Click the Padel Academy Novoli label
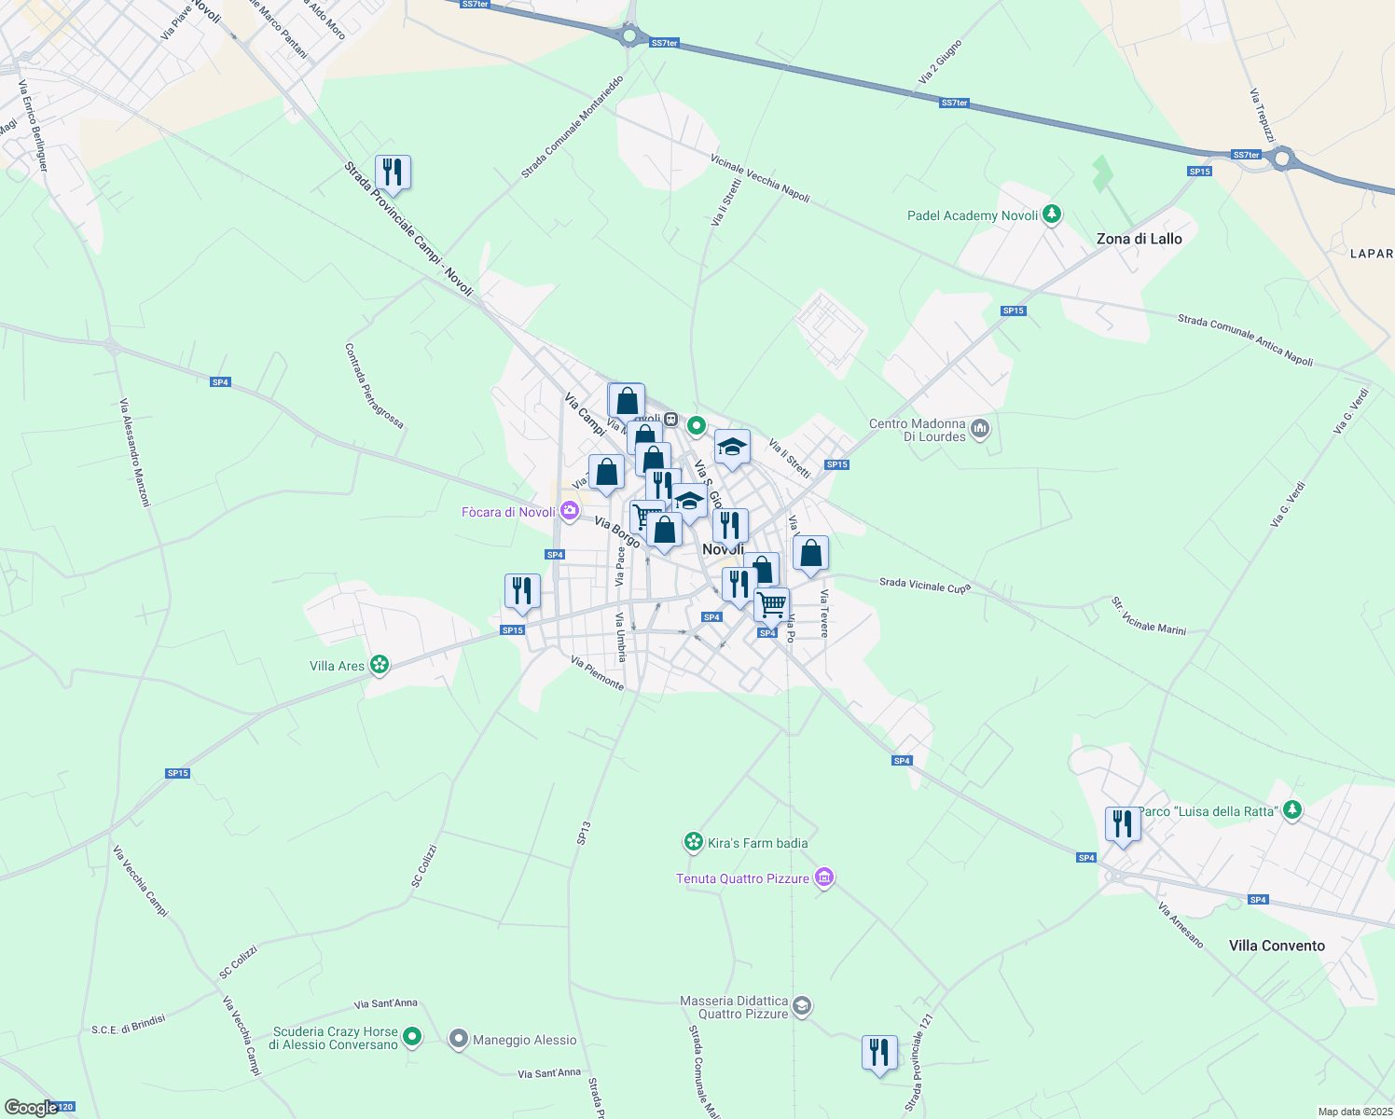973,215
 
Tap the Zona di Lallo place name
1139,239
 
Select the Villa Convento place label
1276,946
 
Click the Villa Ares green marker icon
379,665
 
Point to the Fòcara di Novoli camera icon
569,511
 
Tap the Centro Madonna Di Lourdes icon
979,429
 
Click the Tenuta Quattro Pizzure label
742,878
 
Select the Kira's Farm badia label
757,843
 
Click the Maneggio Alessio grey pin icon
458,1039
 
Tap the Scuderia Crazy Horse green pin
412,1036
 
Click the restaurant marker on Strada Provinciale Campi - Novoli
393,173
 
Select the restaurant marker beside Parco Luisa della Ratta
1123,824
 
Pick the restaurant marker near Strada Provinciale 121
879,1053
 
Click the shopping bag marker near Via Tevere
810,554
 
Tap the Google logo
32,1107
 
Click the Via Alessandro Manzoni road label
134,452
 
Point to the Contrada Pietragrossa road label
374,386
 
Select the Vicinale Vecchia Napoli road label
760,177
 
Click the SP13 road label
584,833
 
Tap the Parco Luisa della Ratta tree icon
1291,810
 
